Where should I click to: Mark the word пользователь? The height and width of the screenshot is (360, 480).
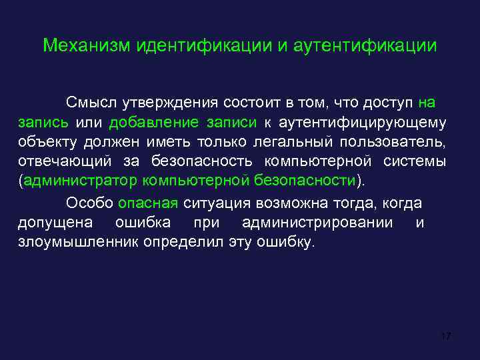click(x=404, y=141)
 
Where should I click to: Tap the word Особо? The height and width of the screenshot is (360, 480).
click(x=89, y=203)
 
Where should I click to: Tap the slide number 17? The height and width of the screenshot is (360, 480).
click(x=446, y=335)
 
